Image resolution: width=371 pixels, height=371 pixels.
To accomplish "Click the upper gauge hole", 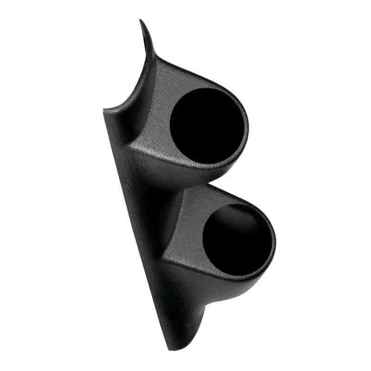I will (x=206, y=125).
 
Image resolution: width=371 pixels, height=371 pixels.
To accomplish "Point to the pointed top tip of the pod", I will (x=141, y=21).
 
